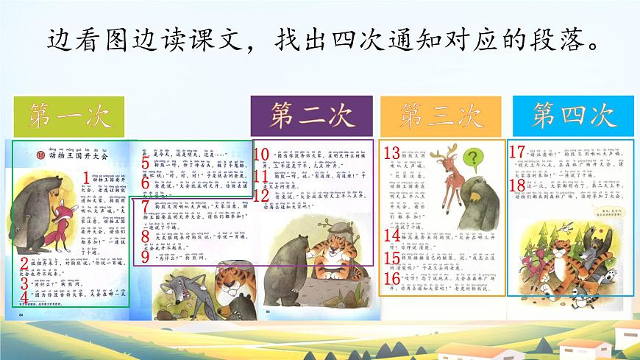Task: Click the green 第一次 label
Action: pos(70,116)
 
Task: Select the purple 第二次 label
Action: pos(312,116)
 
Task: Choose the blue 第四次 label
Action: pos(573,116)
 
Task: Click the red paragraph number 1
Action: pos(87,177)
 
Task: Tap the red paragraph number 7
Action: pos(146,208)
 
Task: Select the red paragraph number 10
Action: pos(260,155)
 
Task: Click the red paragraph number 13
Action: pos(391,154)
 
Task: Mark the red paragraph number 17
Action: pos(517,152)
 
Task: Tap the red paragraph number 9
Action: pos(146,257)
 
